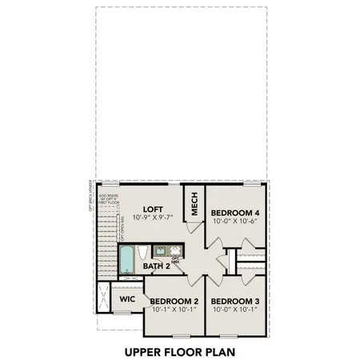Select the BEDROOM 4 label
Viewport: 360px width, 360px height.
pos(235,213)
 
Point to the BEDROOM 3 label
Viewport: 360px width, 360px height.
pos(235,302)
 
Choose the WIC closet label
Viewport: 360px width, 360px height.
pos(127,298)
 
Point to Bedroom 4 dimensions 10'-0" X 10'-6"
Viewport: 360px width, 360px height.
pos(235,222)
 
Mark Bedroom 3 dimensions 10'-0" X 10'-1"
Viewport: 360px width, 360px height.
pos(235,311)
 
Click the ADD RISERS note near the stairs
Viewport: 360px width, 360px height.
pos(108,199)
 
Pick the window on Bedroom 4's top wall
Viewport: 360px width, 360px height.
pos(255,183)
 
